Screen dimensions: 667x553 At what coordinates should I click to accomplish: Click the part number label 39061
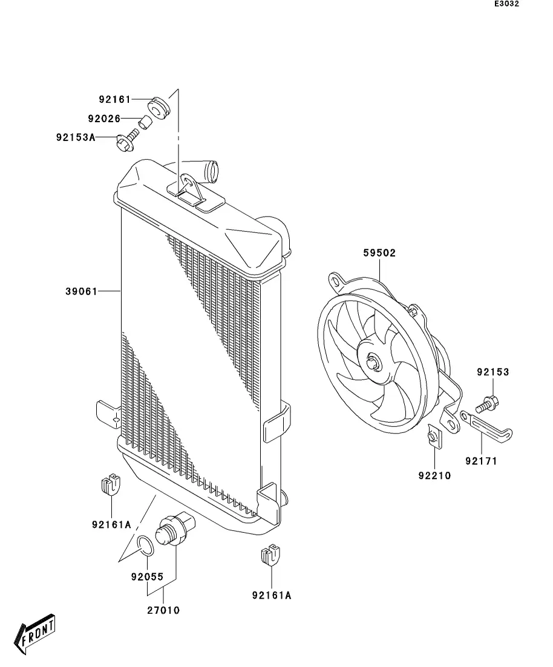coord(81,291)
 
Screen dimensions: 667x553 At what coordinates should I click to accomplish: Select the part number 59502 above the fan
coord(379,253)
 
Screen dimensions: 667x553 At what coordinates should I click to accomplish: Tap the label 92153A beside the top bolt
coord(76,137)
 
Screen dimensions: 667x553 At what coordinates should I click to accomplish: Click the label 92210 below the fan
coord(434,475)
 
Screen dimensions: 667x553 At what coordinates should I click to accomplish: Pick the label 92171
coord(481,461)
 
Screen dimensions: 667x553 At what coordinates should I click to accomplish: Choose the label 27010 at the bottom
coord(163,611)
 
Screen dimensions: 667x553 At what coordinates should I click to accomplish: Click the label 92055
coord(147,577)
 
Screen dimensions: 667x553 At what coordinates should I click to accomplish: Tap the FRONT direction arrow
coord(38,635)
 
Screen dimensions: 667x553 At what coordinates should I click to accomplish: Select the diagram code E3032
coord(507,4)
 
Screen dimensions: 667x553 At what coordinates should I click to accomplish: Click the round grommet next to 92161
coord(160,108)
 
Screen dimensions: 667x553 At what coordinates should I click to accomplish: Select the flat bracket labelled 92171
coord(488,424)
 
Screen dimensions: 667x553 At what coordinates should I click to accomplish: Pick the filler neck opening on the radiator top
coord(214,171)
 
